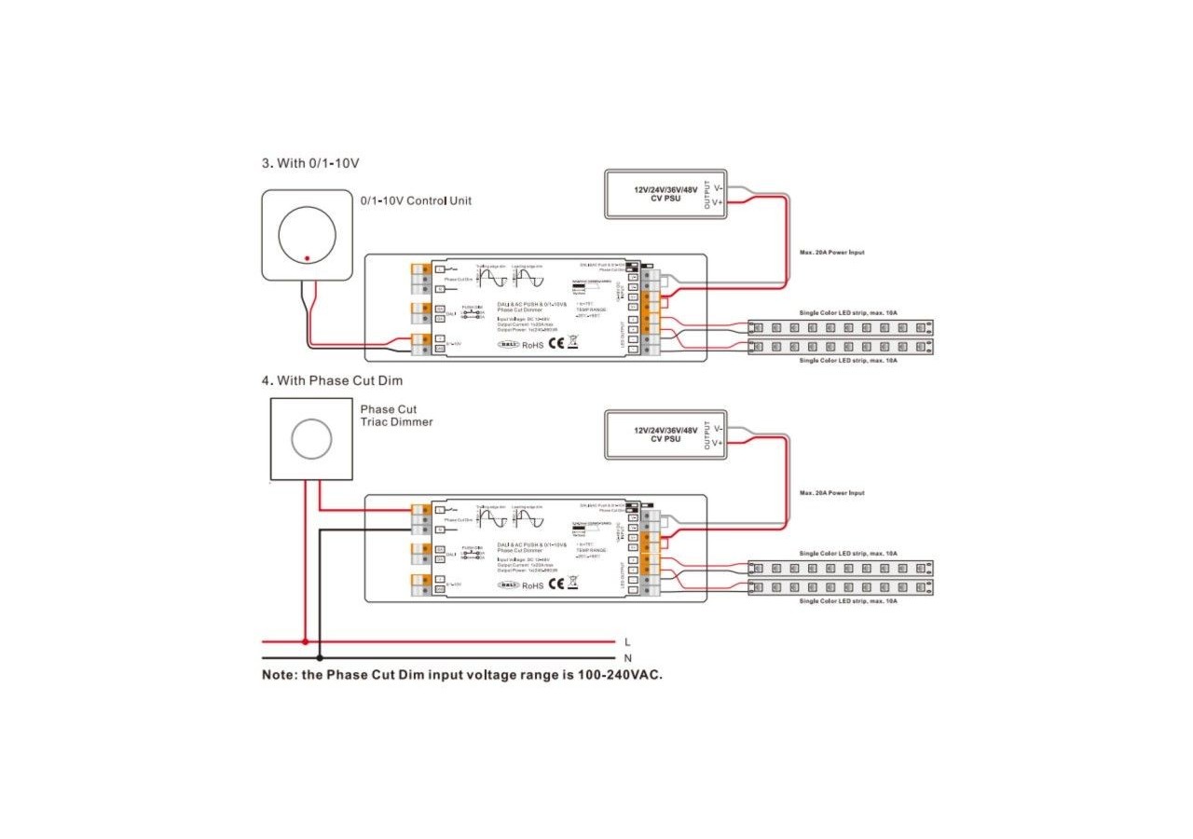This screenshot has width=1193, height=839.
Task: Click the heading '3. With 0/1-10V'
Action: (309, 163)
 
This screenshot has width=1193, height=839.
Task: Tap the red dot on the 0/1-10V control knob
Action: (307, 257)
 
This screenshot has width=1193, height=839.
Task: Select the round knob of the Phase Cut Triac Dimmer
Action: (310, 438)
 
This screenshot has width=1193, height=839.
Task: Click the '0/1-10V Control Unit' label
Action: (416, 200)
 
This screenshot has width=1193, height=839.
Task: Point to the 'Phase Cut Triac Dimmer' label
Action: (396, 416)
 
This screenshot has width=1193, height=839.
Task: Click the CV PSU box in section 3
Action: (665, 194)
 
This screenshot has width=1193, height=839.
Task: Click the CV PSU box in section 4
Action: (665, 434)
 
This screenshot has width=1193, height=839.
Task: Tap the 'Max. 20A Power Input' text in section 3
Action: (831, 253)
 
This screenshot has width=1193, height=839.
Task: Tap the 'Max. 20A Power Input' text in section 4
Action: (831, 493)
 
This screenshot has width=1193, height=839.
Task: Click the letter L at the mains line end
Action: (627, 641)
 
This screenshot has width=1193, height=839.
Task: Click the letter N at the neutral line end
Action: (627, 658)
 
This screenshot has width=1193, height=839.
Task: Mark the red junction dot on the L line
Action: (305, 641)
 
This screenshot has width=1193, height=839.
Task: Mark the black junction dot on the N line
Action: (320, 658)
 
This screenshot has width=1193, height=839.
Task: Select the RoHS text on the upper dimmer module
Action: (532, 345)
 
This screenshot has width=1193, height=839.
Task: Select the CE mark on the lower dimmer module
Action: (555, 585)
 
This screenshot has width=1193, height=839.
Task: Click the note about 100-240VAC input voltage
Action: (462, 674)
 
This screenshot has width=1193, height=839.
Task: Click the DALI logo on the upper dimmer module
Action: (508, 344)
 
